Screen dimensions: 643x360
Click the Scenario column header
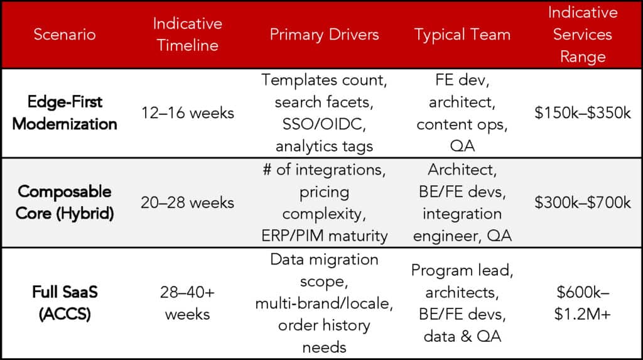point(65,35)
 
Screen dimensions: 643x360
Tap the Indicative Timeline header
point(187,35)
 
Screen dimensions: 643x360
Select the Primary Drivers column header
point(324,35)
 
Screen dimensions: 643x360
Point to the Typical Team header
point(462,35)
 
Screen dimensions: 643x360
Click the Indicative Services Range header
point(583,35)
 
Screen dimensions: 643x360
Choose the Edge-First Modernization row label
point(65,113)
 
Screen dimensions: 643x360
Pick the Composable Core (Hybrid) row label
point(65,202)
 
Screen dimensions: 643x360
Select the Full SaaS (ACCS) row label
point(65,303)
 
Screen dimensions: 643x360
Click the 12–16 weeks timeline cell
point(187,113)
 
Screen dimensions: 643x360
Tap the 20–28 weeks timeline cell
point(187,202)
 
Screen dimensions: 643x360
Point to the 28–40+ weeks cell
point(187,303)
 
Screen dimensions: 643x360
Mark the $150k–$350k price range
point(583,113)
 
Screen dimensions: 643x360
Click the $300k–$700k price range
point(583,202)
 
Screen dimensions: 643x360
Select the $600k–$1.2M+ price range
point(583,303)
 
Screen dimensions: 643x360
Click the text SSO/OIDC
point(324,124)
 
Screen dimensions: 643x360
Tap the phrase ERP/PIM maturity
point(325,236)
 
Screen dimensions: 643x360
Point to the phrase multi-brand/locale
point(324,303)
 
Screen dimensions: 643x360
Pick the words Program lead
point(462,271)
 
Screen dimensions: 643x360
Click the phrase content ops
point(462,124)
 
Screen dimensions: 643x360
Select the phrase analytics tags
point(324,146)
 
